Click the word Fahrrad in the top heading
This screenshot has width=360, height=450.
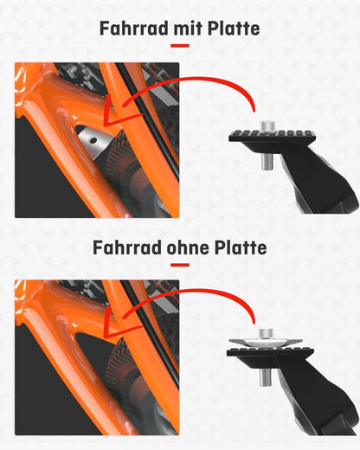(x=134, y=29)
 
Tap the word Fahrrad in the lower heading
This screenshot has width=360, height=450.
(x=127, y=247)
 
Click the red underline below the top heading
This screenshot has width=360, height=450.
(x=180, y=46)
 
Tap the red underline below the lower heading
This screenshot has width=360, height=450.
(x=180, y=265)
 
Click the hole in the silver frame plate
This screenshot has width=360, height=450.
(x=93, y=140)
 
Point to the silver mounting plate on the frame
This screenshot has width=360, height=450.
(x=94, y=141)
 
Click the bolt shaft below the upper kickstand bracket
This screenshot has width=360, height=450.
(x=268, y=162)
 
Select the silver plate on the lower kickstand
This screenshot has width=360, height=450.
(x=266, y=343)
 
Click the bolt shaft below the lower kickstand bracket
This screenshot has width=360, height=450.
(x=264, y=377)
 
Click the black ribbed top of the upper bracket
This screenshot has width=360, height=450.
(x=273, y=135)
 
